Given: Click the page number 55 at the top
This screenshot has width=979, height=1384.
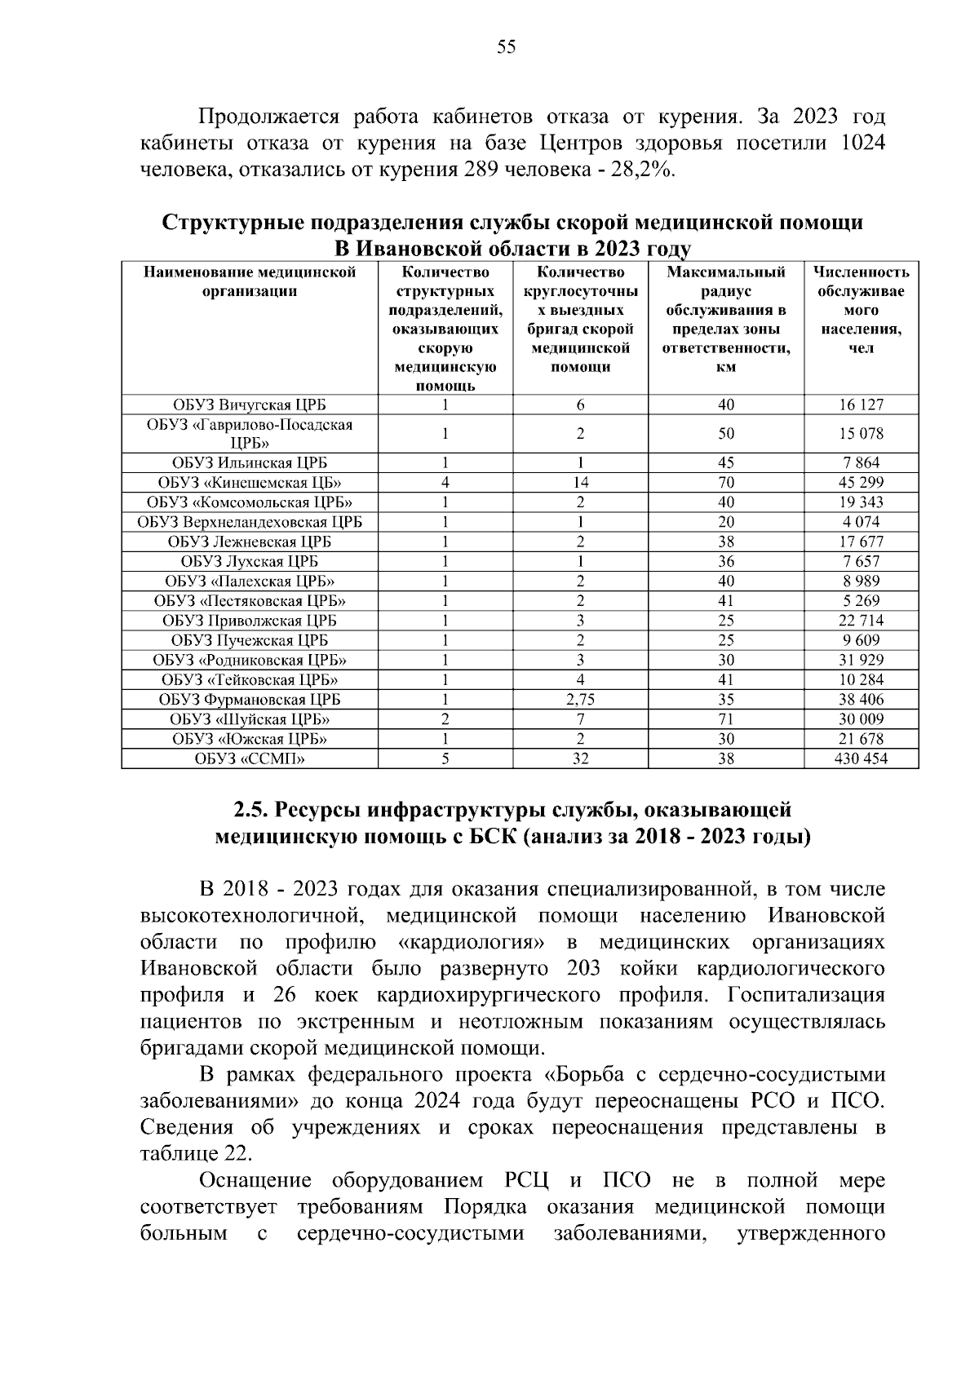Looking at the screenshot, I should (x=506, y=47).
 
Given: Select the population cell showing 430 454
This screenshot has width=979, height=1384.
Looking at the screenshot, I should (x=862, y=758).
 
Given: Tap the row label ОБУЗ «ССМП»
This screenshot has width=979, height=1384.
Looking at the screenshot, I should (x=250, y=758).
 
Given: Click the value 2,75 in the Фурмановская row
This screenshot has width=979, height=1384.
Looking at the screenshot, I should (x=580, y=699).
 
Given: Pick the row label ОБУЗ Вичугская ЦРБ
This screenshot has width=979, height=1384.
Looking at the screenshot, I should (x=250, y=405).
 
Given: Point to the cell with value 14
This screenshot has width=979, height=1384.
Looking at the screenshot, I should (x=580, y=482).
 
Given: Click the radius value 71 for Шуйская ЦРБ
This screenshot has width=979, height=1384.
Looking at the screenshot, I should (x=726, y=719).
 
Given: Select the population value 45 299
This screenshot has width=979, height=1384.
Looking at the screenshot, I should (x=862, y=482).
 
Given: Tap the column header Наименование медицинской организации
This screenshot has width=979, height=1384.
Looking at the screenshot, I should (x=250, y=281).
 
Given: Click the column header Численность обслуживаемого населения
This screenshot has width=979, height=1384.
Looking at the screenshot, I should (x=862, y=310).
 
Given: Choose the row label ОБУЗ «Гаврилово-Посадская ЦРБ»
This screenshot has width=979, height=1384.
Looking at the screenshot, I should (x=250, y=433).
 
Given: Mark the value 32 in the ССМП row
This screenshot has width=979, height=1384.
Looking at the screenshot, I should (x=580, y=758).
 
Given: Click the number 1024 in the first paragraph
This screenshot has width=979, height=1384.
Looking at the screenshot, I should (x=861, y=143).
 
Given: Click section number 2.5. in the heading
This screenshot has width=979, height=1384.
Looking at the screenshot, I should (x=251, y=810).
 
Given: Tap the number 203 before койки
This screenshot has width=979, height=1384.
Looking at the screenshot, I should (x=583, y=969).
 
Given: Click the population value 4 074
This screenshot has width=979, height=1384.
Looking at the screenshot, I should (x=862, y=522).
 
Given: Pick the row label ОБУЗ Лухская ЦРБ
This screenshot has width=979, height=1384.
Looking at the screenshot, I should (x=250, y=561).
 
